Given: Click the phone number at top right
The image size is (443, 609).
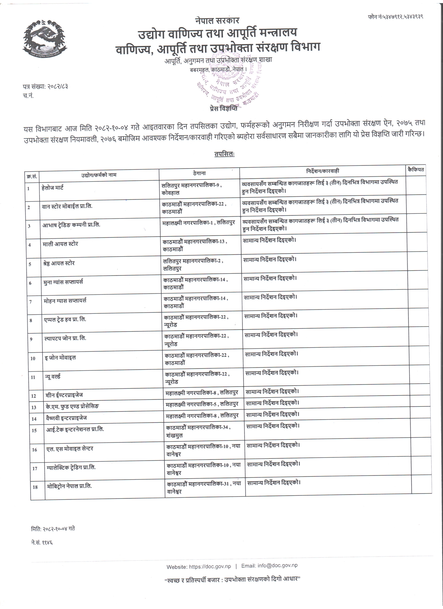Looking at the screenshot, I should click(395, 17).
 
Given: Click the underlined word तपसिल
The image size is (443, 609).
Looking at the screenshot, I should click(224, 154).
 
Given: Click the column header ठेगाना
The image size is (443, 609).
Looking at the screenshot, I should click(199, 173).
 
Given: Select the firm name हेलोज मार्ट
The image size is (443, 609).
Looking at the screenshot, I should click(53, 188).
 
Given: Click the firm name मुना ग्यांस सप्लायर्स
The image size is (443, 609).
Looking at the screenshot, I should click(63, 282).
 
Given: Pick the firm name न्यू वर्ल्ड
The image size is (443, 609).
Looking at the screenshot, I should click(53, 377).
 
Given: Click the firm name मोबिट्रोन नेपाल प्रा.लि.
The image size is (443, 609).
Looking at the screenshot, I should click(69, 486).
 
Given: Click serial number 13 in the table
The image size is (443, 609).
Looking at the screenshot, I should click(34, 407).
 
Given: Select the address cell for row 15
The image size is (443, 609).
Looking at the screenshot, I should click(198, 431).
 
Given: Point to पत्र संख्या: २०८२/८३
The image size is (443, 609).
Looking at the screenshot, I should click(45, 86).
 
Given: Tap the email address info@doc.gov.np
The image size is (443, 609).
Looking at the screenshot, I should click(277, 565).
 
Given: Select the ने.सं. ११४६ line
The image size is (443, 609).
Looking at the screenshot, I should click(42, 542).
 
